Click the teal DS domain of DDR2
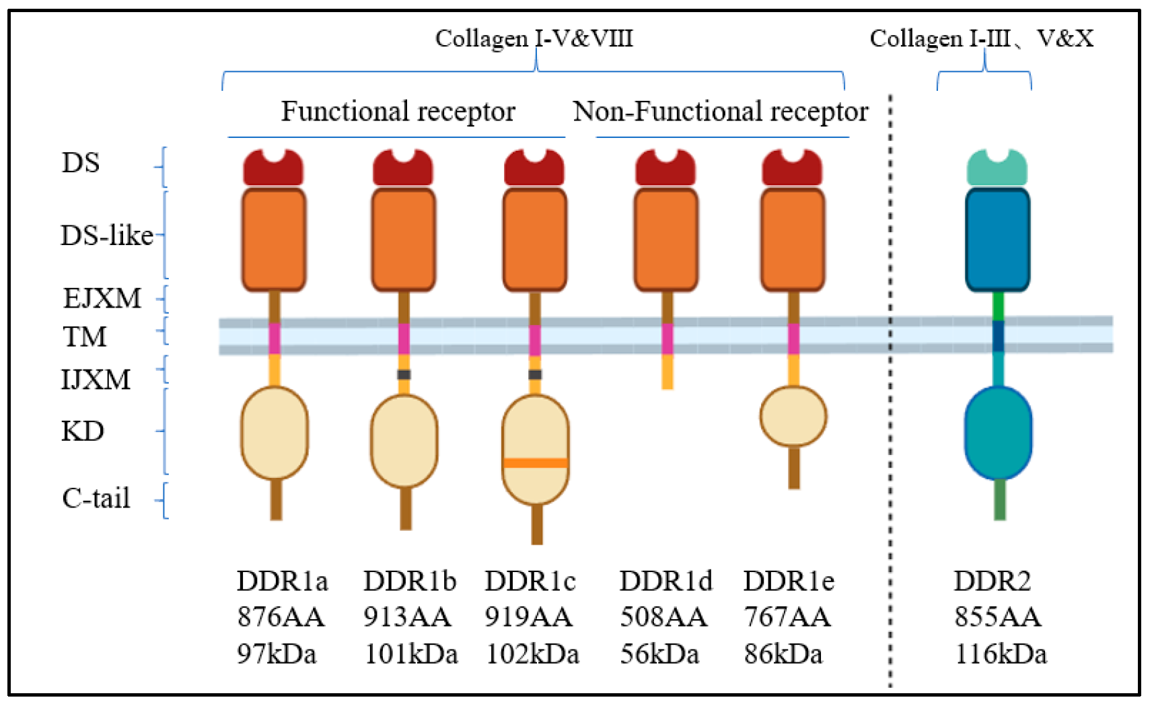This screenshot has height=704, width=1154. [x=997, y=171]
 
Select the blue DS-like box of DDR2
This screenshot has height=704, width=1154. [x=997, y=240]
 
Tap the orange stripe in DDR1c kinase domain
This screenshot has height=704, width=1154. [x=536, y=462]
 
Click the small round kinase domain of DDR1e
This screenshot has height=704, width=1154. [x=793, y=416]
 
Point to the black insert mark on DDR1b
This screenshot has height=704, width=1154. [x=404, y=374]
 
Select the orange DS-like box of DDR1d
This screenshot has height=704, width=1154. [x=666, y=240]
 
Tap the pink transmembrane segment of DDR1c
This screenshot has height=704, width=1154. [x=535, y=339]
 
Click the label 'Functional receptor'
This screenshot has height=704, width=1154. [x=398, y=112]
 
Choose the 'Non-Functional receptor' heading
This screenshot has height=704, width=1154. [x=720, y=112]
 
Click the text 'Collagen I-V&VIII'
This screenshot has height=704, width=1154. [x=534, y=38]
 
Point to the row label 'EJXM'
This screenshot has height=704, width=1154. [x=102, y=298]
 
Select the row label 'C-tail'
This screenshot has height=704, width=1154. [x=96, y=499]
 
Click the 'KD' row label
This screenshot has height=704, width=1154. [x=83, y=431]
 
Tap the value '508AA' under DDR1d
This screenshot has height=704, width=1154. [x=663, y=617]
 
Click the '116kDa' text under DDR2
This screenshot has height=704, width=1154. [x=1001, y=654]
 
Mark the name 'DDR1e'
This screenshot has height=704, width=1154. [x=789, y=581]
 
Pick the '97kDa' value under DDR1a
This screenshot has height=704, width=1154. [x=277, y=654]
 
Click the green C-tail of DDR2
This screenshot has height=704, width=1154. [x=999, y=499]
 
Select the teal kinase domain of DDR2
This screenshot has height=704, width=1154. [x=998, y=432]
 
